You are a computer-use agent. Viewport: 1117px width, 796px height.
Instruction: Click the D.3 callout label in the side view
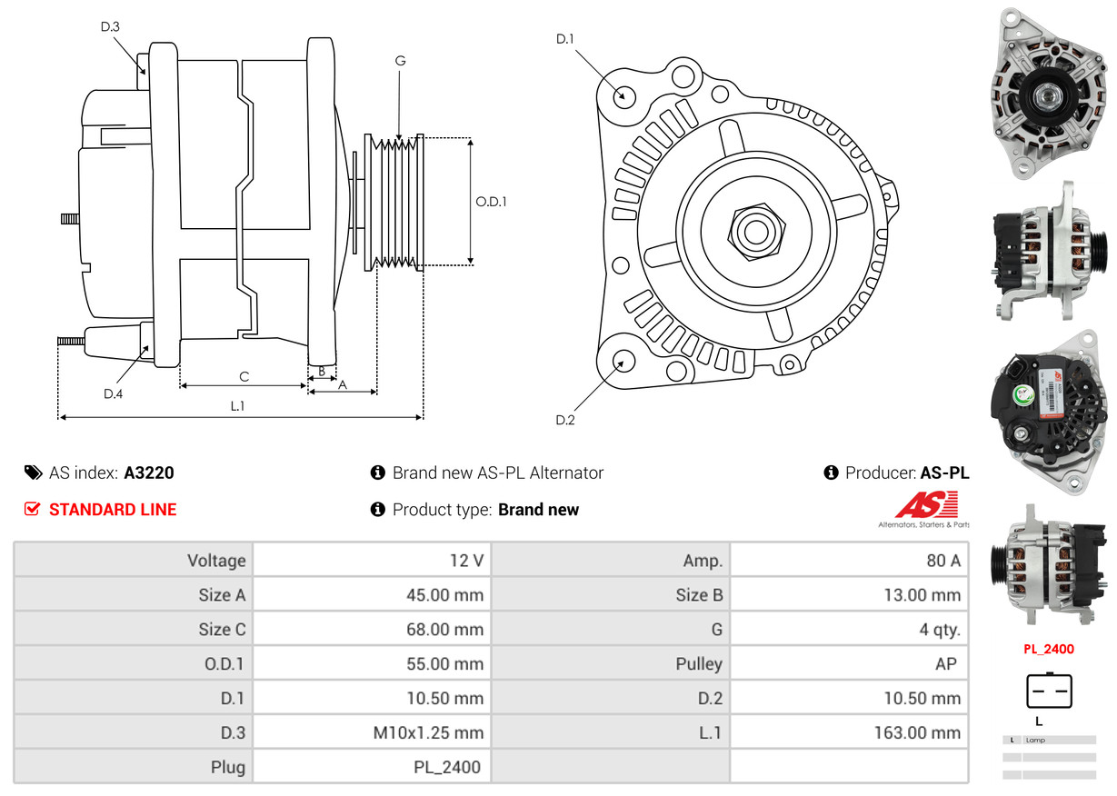(110, 27)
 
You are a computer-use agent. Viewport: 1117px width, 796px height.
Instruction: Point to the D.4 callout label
(113, 393)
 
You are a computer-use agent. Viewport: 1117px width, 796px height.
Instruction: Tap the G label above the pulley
(400, 61)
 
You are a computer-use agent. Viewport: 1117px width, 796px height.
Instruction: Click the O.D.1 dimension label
(491, 202)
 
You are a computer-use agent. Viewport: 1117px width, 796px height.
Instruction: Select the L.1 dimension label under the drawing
(237, 406)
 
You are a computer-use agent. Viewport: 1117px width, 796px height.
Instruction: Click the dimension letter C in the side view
(244, 376)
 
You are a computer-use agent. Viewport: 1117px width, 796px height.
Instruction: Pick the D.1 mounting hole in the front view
(623, 95)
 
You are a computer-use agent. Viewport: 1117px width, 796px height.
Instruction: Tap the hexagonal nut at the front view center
(754, 230)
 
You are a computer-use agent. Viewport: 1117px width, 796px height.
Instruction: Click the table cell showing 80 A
(849, 561)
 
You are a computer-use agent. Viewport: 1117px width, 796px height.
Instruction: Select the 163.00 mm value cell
(849, 732)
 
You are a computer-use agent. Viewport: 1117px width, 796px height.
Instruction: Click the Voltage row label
(134, 561)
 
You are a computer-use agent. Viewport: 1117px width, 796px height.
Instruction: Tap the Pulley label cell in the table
(611, 663)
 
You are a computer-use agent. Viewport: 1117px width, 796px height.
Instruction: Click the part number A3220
(149, 473)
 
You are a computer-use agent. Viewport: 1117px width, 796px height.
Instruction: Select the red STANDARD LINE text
(113, 510)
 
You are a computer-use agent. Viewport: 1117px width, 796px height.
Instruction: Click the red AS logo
(926, 505)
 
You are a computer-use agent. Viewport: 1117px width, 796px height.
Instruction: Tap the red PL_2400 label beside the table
(1048, 649)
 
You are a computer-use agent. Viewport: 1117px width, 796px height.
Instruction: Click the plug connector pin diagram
(1049, 691)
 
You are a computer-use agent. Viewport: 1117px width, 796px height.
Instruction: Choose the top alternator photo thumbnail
(1049, 93)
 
